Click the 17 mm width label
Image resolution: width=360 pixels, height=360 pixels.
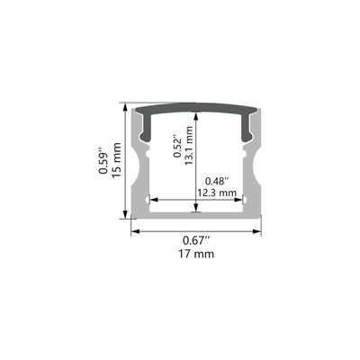[196, 255]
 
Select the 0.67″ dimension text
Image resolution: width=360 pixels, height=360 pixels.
[196, 240]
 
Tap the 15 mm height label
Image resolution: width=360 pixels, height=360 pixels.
[116, 160]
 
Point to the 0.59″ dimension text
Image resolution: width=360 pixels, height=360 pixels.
[103, 160]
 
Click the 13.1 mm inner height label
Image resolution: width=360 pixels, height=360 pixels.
[188, 146]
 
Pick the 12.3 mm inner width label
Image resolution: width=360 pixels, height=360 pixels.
[217, 193]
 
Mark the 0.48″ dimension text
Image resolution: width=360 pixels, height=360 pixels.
[217, 181]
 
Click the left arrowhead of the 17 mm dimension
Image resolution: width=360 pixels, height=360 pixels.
[135, 231]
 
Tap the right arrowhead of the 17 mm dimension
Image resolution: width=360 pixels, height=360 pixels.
[256, 231]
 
